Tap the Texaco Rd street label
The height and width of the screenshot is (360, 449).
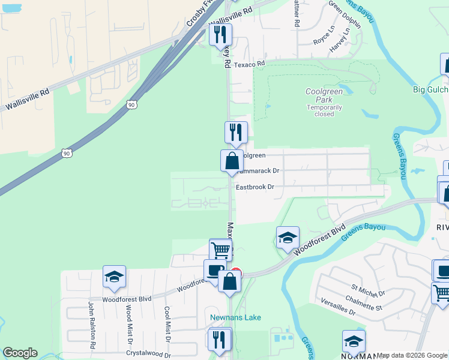(x=249, y=64)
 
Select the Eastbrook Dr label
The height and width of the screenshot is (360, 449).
(x=255, y=187)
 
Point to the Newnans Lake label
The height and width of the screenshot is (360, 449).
(x=235, y=317)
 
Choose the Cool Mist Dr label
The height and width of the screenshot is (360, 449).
(x=168, y=325)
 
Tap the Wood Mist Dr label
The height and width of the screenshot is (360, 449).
(x=128, y=323)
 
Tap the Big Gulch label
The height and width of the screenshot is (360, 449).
(x=430, y=90)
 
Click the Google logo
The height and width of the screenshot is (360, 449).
(x=20, y=353)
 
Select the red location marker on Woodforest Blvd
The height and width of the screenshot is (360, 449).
(x=236, y=272)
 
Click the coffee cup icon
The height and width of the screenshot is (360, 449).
(x=214, y=270)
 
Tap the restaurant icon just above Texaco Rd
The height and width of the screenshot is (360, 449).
(x=220, y=34)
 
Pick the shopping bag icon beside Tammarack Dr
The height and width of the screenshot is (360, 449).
(x=232, y=161)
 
